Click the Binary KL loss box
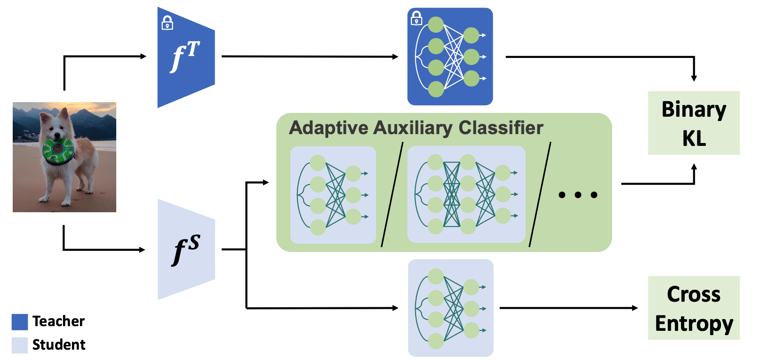tap(693, 123)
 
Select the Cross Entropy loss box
tap(693, 308)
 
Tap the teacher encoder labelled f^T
tap(186, 57)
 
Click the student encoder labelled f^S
tap(186, 249)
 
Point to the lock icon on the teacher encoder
tap(167, 23)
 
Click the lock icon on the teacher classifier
tap(417, 18)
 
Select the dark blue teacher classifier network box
tap(450, 56)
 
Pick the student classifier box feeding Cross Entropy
tap(450, 308)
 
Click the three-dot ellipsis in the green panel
tap(578, 195)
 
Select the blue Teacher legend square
tap(20, 322)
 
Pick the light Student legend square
tap(20, 345)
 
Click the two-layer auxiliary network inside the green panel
tap(333, 195)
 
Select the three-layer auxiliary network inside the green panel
tap(466, 194)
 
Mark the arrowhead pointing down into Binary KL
tap(694, 78)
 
